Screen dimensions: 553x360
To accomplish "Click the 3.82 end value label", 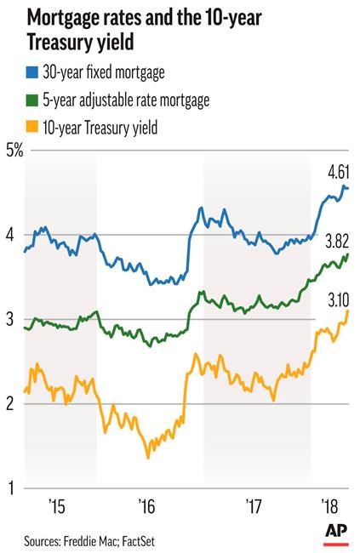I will [339, 239].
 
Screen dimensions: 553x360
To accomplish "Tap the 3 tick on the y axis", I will [11, 320].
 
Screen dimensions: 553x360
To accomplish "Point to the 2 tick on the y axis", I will [11, 404].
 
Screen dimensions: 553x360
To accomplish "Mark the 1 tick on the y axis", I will [11, 488].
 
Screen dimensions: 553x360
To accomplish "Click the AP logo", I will [336, 531].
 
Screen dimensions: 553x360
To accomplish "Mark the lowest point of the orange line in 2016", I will [148, 458].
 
